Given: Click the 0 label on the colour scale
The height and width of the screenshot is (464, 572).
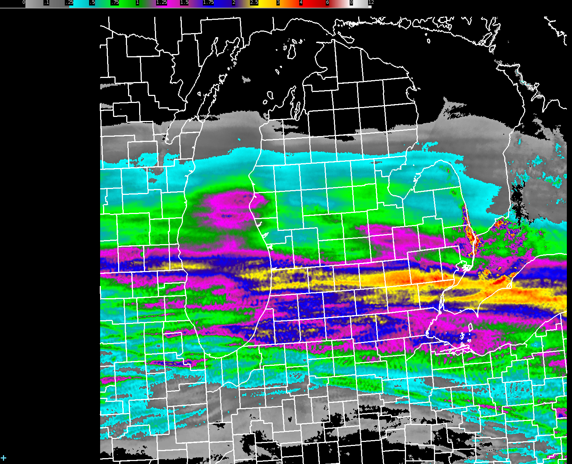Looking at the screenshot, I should pos(24,2).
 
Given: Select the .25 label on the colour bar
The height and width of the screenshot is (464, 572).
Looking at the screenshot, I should pos(69,2).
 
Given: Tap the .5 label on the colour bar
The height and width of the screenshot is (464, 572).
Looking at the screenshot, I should pos(92,2).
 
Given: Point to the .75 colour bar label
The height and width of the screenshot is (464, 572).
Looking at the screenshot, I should pos(115,2).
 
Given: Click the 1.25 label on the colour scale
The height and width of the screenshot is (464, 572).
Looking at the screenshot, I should pos(161,2).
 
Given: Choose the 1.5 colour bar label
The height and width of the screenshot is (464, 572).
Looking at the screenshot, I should pos(184,2).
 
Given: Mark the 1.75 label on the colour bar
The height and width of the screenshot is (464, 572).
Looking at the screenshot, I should pos(208,2).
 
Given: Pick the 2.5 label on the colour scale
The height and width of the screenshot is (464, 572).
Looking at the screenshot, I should pos(254,2).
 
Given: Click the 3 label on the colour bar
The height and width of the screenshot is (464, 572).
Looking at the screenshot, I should pos(278,2).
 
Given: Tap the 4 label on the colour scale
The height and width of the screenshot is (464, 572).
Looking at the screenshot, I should pos(301,2).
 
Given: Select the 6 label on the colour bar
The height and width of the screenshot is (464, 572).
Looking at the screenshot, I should pos(327,2).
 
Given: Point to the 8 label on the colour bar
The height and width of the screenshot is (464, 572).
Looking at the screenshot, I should pos(351,2).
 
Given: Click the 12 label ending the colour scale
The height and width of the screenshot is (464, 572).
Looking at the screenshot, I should pos(371,2).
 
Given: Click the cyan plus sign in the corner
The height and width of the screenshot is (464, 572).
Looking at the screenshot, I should pos(4,458).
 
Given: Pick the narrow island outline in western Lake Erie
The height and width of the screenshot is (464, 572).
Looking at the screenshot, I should pos(470,327).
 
